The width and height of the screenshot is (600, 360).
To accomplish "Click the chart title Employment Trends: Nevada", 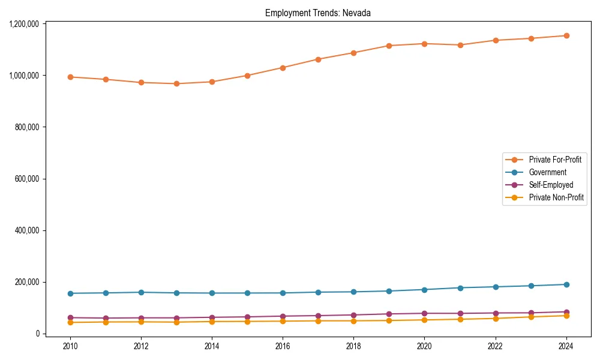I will point(318,13).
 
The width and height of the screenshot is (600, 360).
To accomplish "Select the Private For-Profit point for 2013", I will point(176,84).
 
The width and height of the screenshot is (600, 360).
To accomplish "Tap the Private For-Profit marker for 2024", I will point(566,35).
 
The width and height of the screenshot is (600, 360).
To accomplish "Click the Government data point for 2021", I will point(460,288).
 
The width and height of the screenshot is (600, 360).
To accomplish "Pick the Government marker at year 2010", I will point(70,293).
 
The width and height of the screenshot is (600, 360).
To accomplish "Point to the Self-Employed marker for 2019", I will point(389,314).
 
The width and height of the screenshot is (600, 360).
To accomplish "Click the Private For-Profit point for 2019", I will point(389,46).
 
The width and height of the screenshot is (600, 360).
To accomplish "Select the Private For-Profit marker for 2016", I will point(283,68).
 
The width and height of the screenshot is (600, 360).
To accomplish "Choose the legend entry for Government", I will point(547,172).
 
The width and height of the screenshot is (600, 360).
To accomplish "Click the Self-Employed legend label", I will point(551,185).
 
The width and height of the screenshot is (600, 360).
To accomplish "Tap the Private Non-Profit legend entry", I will point(556,197).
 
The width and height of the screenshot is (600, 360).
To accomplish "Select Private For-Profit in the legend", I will point(555,160).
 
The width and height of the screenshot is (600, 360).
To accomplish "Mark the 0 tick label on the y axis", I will point(37,334).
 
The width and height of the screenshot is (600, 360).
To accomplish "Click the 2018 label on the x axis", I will point(353,346).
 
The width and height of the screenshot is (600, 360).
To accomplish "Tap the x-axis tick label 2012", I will point(141,346).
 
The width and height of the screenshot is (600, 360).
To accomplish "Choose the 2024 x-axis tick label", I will point(566,346).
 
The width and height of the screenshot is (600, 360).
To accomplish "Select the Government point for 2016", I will point(283,293).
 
